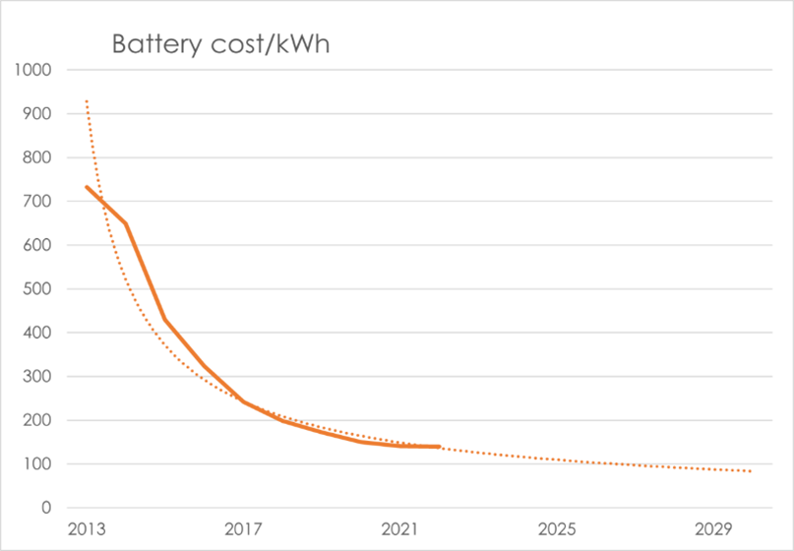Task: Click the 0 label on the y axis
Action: pos(45,508)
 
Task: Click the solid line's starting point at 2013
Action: pos(87,187)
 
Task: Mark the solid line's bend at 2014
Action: pos(126,223)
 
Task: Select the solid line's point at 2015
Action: pos(164,320)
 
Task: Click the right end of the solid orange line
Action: pos(438,447)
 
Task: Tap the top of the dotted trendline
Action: pos(87,100)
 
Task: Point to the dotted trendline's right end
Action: pos(752,471)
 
